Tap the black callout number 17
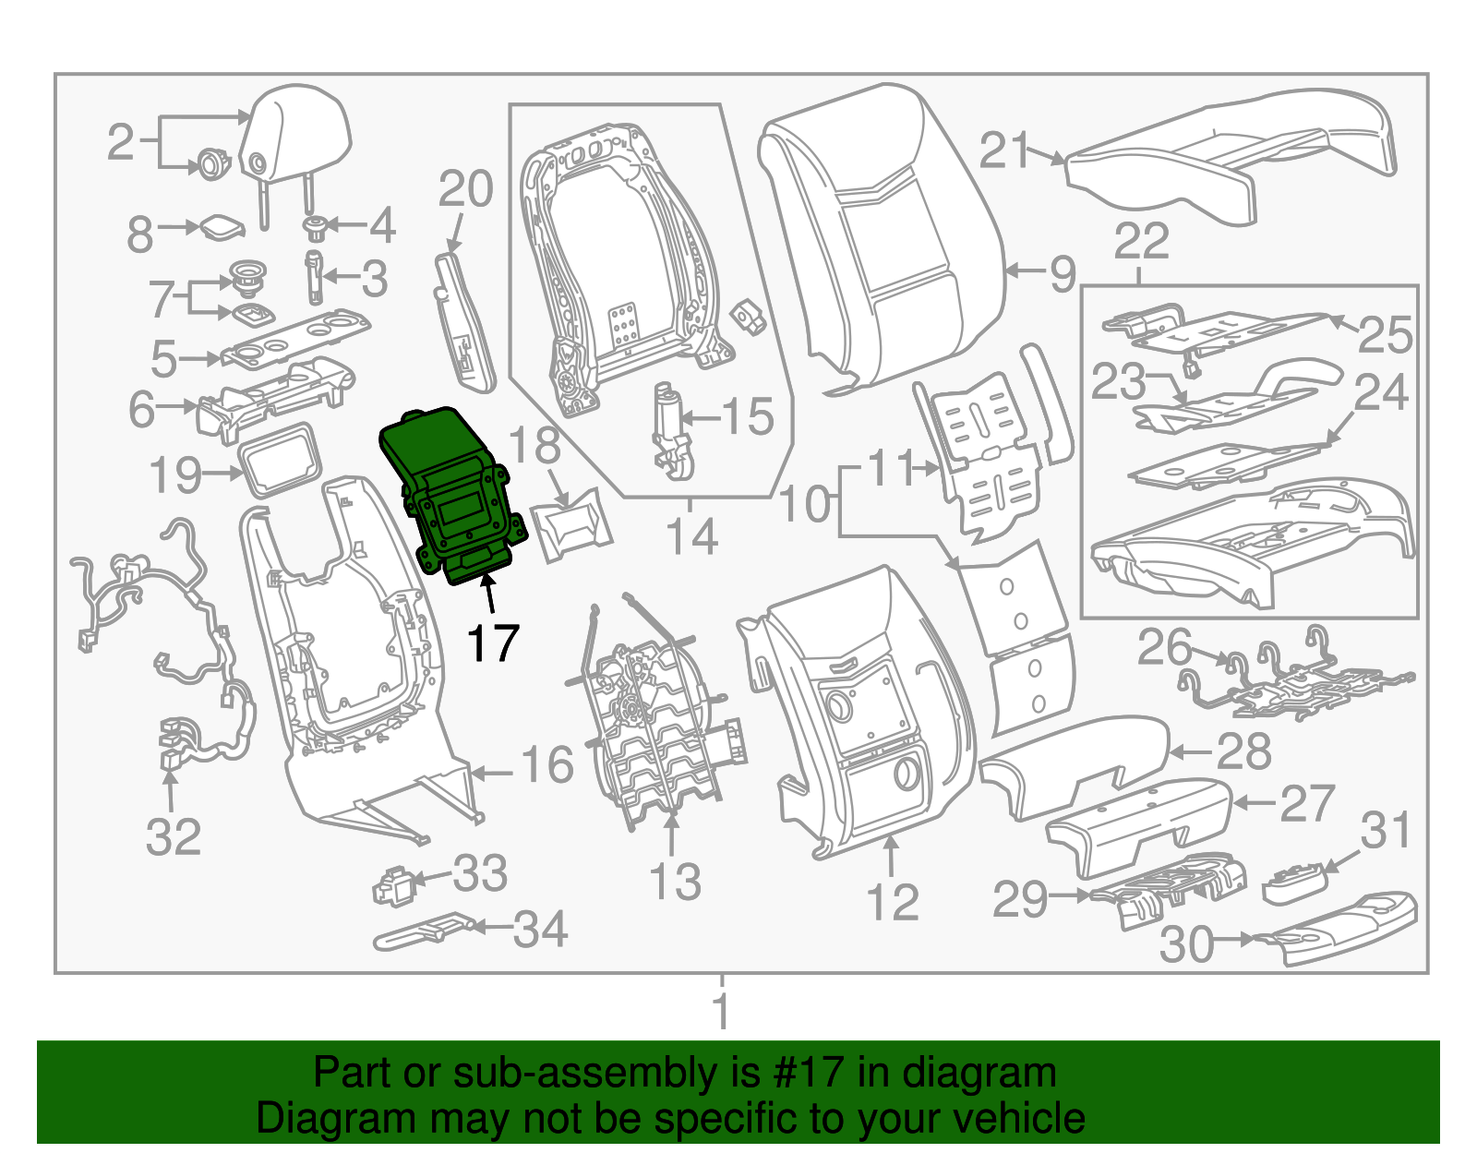click(x=493, y=643)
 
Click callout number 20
click(x=465, y=190)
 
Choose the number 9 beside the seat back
click(x=1063, y=273)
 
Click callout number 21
click(x=1004, y=150)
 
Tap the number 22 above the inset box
click(x=1141, y=242)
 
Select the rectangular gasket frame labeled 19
click(x=280, y=459)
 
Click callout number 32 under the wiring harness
click(x=174, y=837)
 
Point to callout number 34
click(x=540, y=930)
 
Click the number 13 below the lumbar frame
click(x=676, y=882)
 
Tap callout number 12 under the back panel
click(x=893, y=902)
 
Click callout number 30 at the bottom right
click(x=1186, y=944)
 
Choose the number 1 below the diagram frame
click(x=722, y=1011)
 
